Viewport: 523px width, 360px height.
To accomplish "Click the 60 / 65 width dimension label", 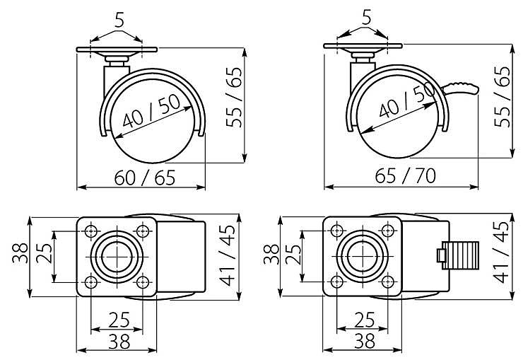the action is pyautogui.click(x=144, y=178).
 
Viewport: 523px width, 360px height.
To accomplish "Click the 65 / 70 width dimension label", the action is pyautogui.click(x=405, y=176).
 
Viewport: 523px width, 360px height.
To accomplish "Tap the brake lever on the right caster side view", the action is pyautogui.click(x=461, y=88).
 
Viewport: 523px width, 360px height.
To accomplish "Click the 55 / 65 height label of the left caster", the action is pyautogui.click(x=234, y=97).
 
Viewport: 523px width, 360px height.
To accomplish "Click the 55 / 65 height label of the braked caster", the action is pyautogui.click(x=503, y=97).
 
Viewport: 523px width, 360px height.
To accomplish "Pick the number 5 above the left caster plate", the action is pyautogui.click(x=119, y=21).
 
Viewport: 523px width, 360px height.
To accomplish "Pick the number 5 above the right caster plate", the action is pyautogui.click(x=366, y=18).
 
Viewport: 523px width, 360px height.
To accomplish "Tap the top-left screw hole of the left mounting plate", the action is pyautogui.click(x=90, y=231).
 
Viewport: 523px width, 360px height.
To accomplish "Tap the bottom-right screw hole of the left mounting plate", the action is pyautogui.click(x=143, y=283).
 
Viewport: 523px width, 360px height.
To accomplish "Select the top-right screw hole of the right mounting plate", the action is pyautogui.click(x=387, y=231).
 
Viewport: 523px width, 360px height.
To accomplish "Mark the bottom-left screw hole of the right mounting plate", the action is pyautogui.click(x=337, y=282).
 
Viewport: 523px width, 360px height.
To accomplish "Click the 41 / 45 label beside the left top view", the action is pyautogui.click(x=228, y=255).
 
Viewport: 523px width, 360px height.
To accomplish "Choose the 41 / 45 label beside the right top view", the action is pyautogui.click(x=501, y=252).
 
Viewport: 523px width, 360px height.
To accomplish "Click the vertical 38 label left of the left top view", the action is pyautogui.click(x=20, y=253).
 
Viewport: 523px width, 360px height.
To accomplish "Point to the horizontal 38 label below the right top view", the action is pyautogui.click(x=365, y=341).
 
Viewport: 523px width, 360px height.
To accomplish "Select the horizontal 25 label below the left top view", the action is pyautogui.click(x=119, y=320).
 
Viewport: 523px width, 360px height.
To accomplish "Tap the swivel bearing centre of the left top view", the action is pyautogui.click(x=117, y=257).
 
